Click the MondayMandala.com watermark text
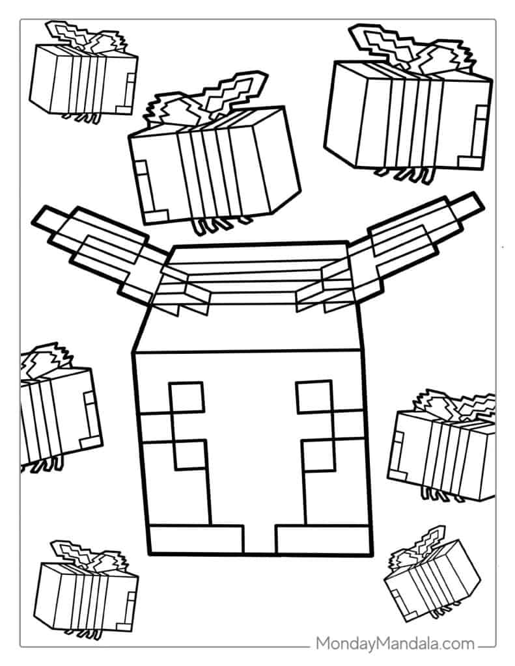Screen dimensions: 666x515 pyautogui.click(x=395, y=644)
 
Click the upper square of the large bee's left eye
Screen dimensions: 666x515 pyautogui.click(x=187, y=397)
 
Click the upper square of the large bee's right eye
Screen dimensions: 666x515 pyautogui.click(x=314, y=397)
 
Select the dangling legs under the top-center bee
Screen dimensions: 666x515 pyautogui.click(x=221, y=225)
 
